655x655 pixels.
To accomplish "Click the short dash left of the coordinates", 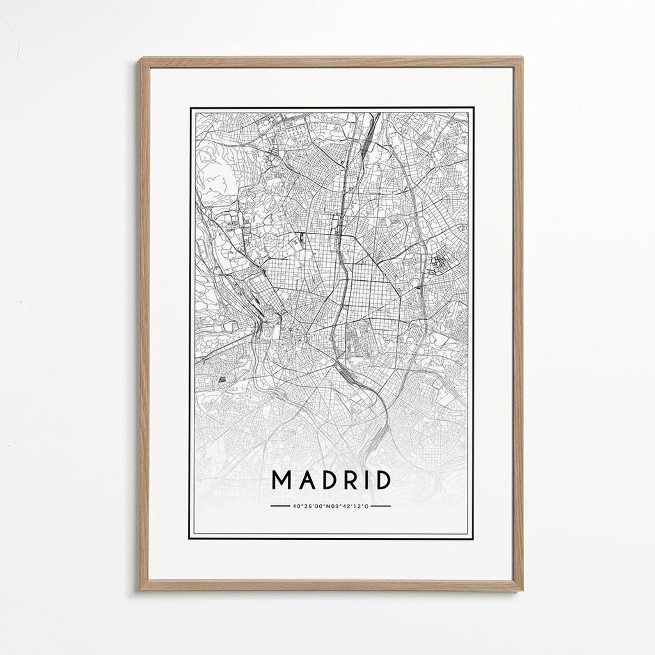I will [280, 506].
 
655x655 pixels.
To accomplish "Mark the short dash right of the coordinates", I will [381, 506].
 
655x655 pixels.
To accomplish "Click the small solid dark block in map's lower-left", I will [222, 379].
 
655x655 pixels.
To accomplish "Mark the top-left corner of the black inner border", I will [190, 108].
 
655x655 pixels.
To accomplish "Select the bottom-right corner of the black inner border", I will [473, 538].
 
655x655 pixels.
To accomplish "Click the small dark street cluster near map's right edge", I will [439, 262].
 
